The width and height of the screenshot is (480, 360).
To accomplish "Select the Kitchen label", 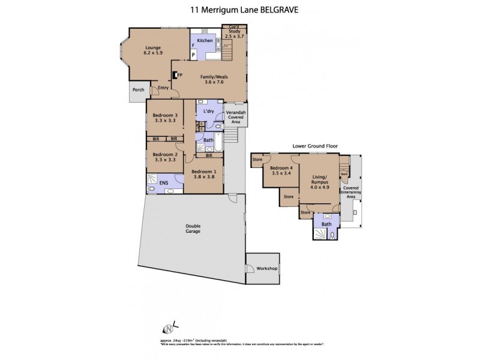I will click(x=205, y=40).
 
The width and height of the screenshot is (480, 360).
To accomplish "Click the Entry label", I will click(x=163, y=88).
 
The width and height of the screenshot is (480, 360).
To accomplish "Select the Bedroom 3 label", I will click(x=164, y=118).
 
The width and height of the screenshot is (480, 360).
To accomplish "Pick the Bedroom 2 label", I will click(x=164, y=157).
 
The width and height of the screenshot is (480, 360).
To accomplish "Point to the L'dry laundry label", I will click(x=209, y=112).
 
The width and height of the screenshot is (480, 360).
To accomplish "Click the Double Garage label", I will click(x=193, y=229).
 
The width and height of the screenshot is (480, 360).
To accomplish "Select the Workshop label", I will click(x=267, y=268).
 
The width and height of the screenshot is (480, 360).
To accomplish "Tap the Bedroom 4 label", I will click(x=281, y=171).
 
